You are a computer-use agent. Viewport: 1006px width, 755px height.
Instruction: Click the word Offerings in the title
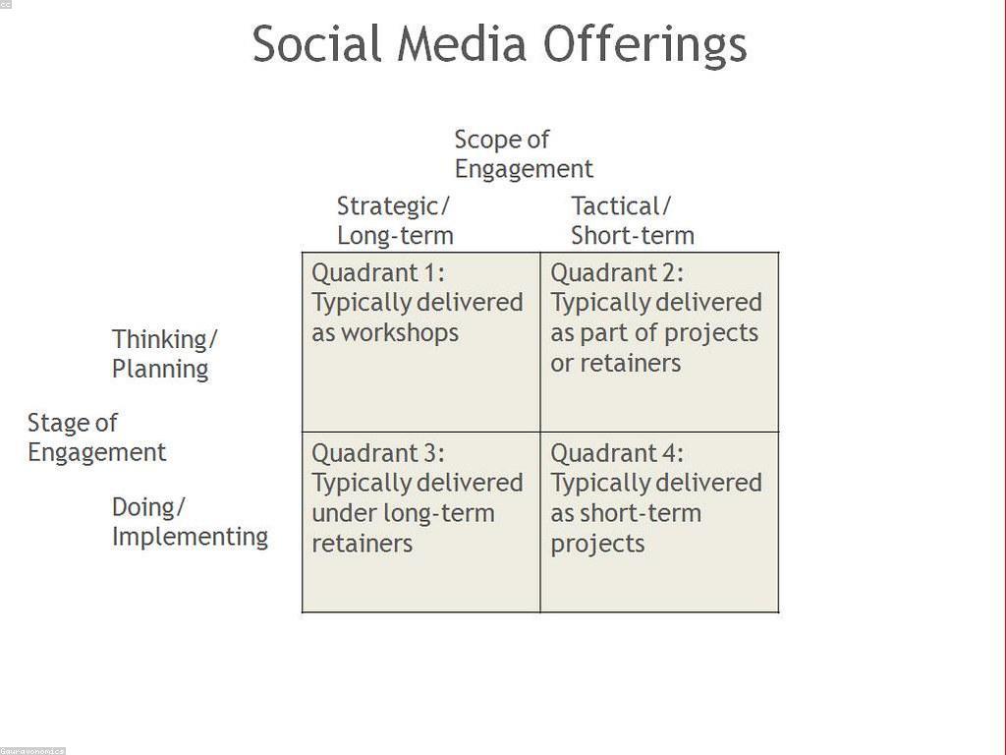[x=644, y=45]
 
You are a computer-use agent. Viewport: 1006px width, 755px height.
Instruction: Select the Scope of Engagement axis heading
[x=524, y=154]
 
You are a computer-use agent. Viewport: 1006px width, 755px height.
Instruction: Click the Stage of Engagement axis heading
[x=97, y=437]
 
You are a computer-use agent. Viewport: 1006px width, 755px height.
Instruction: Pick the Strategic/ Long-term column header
[x=395, y=221]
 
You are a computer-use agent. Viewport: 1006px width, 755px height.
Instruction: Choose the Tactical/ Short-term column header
[x=633, y=221]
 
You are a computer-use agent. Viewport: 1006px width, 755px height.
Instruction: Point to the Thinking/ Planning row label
[x=165, y=354]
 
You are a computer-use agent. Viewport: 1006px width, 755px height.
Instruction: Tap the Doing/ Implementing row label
[x=190, y=522]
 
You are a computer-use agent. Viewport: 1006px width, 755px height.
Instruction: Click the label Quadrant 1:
[x=378, y=273]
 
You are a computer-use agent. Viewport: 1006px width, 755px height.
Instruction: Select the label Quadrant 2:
[x=617, y=273]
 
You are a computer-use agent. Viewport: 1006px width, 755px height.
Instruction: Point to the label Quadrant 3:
[x=378, y=454]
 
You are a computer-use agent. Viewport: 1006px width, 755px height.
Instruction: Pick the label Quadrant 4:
[x=617, y=454]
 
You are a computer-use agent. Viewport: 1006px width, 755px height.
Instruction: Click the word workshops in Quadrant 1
[x=400, y=333]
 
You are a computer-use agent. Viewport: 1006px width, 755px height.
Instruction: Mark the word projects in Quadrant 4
[x=597, y=545]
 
